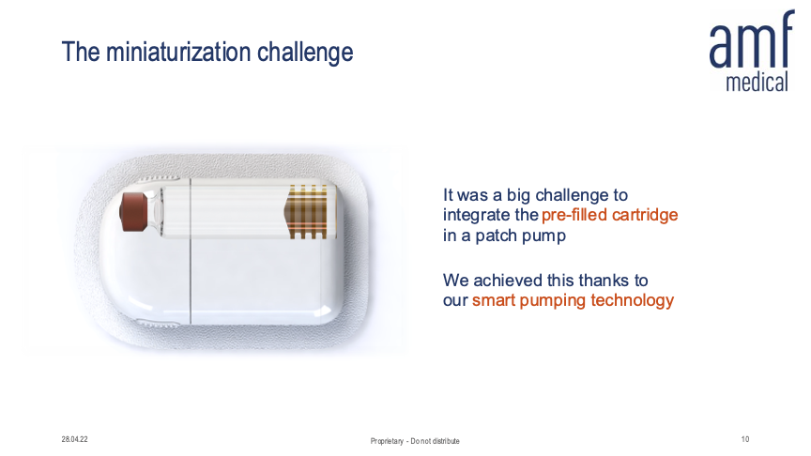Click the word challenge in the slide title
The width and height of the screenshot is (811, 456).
click(x=305, y=53)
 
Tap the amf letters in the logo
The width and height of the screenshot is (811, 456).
click(x=752, y=39)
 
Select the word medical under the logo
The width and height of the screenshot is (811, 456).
click(x=757, y=82)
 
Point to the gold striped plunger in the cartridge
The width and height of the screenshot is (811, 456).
click(x=306, y=211)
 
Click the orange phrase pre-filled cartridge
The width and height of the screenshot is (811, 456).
click(x=610, y=215)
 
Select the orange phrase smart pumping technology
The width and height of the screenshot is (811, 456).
click(x=574, y=300)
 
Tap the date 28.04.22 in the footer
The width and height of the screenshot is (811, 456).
click(x=74, y=439)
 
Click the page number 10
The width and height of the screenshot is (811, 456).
click(x=744, y=439)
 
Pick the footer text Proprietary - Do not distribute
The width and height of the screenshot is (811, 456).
click(x=415, y=441)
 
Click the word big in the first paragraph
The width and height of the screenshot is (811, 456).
click(x=518, y=195)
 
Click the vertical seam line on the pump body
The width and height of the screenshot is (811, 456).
click(x=191, y=251)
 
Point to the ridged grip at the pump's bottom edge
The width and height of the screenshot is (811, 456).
click(x=158, y=324)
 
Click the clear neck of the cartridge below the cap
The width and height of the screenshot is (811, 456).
click(x=155, y=211)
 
